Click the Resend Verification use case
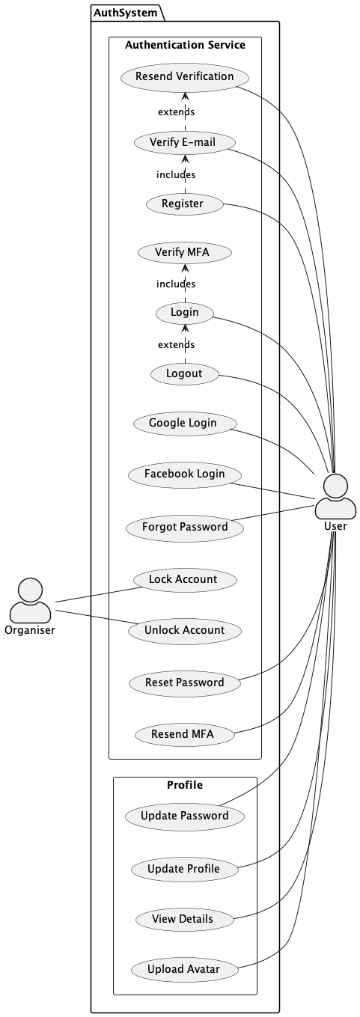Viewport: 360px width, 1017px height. pos(184,76)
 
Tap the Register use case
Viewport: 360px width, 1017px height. pos(184,203)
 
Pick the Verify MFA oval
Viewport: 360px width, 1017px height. pos(184,252)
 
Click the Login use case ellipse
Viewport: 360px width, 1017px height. pos(184,312)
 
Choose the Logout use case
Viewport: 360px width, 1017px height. pos(184,373)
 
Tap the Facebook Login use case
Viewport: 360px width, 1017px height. pos(184,474)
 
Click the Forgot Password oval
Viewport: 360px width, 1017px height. pos(184,527)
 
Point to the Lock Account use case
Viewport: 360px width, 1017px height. pos(184,578)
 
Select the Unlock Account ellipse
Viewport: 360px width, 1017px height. pos(184,630)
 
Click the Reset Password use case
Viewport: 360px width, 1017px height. pos(184,682)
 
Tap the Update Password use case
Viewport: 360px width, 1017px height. pos(184,816)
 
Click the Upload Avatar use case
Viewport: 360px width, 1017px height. pos(184,970)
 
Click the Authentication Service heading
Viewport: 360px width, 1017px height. pos(184,45)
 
